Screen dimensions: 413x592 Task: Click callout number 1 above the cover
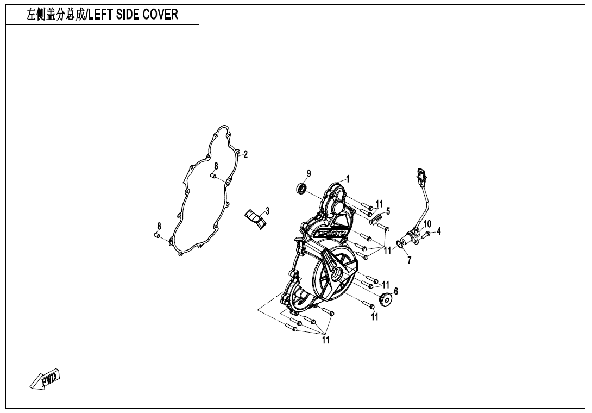(x=348, y=178)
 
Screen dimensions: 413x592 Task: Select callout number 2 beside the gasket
(x=245, y=154)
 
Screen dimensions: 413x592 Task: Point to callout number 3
(x=268, y=210)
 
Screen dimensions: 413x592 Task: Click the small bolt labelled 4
(x=427, y=233)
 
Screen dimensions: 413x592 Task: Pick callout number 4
(x=439, y=230)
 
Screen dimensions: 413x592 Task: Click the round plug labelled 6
(x=386, y=299)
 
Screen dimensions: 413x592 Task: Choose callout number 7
(x=410, y=260)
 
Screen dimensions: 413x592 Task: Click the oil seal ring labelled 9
(x=301, y=189)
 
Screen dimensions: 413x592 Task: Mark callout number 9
(x=308, y=173)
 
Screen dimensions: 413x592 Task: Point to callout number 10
(x=427, y=223)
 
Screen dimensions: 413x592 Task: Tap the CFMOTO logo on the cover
(x=332, y=234)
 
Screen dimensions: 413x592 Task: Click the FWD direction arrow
(x=45, y=379)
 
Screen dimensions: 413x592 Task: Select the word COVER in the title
(x=160, y=15)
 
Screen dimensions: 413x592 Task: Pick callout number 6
(x=396, y=291)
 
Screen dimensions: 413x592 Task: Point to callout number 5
(x=388, y=211)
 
